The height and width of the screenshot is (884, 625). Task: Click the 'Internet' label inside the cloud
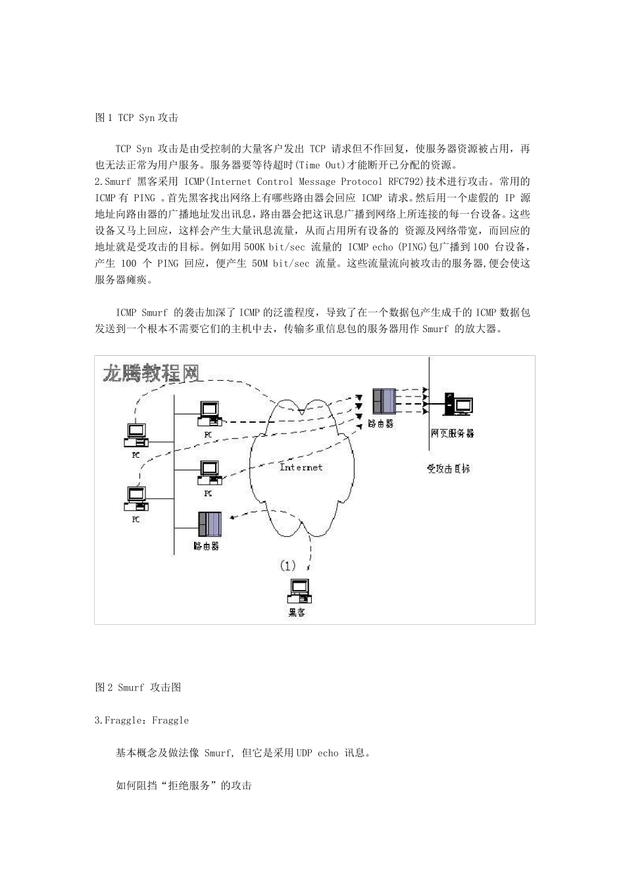(301, 467)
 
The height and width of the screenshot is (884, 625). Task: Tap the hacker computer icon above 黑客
(299, 590)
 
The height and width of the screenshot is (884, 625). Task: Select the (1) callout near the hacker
(287, 566)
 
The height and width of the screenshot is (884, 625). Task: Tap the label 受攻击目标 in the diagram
(449, 469)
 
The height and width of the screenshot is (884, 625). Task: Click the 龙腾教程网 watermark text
(151, 373)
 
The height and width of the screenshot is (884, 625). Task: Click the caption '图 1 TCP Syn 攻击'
(137, 118)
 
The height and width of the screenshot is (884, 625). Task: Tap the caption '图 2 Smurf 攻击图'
(138, 687)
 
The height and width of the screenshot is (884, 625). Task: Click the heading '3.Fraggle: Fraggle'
(141, 720)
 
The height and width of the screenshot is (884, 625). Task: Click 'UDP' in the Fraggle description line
(304, 753)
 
